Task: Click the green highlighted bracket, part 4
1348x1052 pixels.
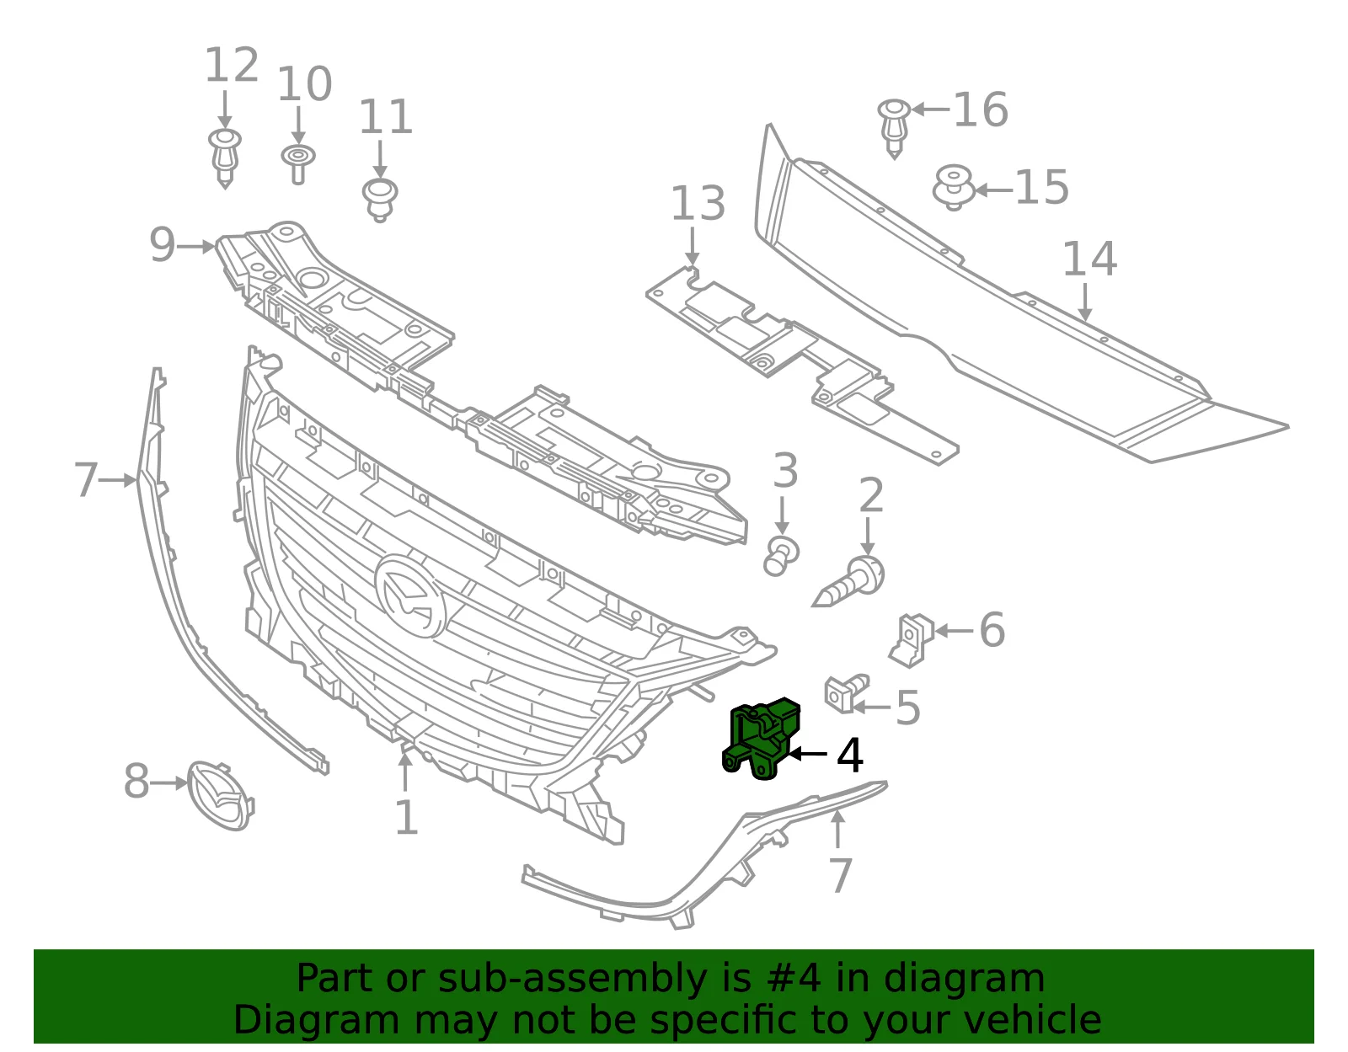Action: click(x=761, y=739)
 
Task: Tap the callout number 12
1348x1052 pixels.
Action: click(x=232, y=65)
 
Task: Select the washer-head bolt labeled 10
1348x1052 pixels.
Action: click(x=298, y=164)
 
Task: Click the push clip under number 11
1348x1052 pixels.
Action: click(x=380, y=200)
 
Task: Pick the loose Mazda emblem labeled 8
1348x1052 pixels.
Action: click(x=220, y=795)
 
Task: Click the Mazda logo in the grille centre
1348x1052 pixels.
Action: click(x=410, y=595)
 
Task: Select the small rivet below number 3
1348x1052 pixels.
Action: click(x=783, y=557)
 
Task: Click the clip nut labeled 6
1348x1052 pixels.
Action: click(x=912, y=640)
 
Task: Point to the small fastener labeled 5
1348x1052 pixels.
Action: click(x=846, y=693)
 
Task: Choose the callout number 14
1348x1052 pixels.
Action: click(x=1090, y=259)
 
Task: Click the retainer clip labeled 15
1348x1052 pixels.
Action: click(x=954, y=187)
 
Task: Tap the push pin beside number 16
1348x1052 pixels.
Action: click(x=895, y=127)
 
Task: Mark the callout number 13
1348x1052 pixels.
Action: click(x=698, y=203)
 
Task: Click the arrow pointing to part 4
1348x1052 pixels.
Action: click(x=806, y=754)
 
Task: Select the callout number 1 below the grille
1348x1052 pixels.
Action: click(x=406, y=818)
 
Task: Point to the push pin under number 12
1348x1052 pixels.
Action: click(x=225, y=158)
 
